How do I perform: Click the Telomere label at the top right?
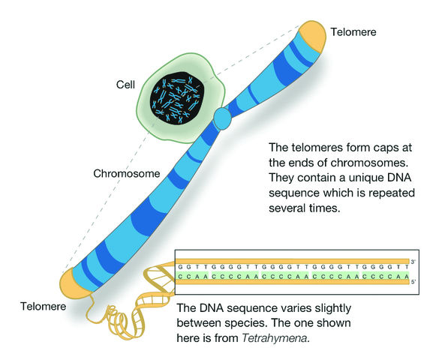(353, 32)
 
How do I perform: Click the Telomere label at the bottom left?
(43, 307)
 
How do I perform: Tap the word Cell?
(125, 85)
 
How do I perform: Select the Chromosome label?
(127, 173)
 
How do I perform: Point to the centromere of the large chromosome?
(223, 118)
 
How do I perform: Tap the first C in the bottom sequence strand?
(180, 277)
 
